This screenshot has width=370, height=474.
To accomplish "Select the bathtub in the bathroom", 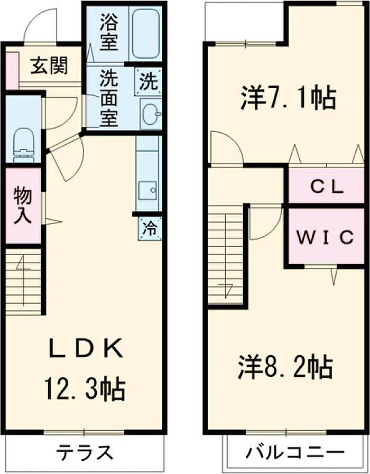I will (x=146, y=33).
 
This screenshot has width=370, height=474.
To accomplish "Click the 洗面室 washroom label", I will (x=109, y=99).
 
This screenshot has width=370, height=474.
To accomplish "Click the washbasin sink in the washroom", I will (x=151, y=113).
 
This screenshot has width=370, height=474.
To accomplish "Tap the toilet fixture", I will (x=23, y=143).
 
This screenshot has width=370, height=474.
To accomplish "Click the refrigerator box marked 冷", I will (x=150, y=229).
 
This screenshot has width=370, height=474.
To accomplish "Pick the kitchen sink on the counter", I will (x=147, y=189).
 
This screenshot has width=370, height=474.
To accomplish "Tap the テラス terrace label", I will (x=86, y=452).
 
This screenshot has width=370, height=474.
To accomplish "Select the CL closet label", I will (x=327, y=187).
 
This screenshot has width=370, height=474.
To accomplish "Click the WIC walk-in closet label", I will (x=324, y=237).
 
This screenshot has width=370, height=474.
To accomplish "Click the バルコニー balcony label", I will (x=295, y=452).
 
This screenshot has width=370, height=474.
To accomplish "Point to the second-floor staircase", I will (x=226, y=257).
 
